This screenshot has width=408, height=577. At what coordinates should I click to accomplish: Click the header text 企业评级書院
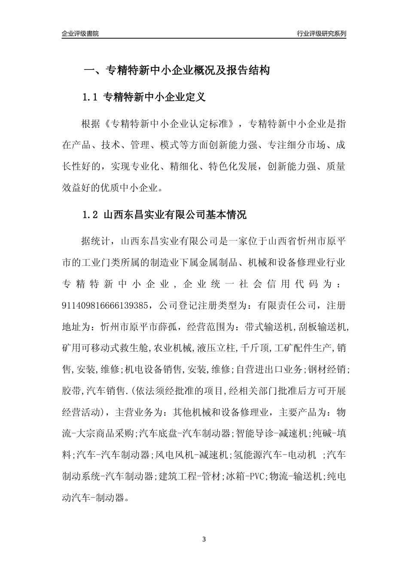(x=80, y=33)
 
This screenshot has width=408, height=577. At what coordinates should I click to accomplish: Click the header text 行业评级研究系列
(x=321, y=33)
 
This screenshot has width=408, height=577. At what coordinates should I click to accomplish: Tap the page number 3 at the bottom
(x=204, y=539)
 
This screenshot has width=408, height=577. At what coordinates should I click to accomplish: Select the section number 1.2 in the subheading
(x=91, y=215)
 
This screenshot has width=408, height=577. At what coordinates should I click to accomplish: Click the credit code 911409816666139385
(x=106, y=305)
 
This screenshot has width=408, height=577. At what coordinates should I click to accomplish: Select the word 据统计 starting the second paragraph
(x=95, y=241)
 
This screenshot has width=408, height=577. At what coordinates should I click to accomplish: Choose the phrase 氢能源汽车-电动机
(x=275, y=455)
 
